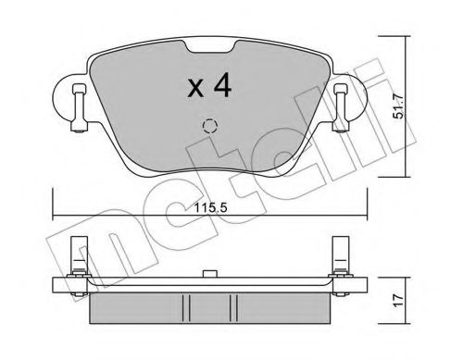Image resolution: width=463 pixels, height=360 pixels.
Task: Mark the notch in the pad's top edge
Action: (x=208, y=46)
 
